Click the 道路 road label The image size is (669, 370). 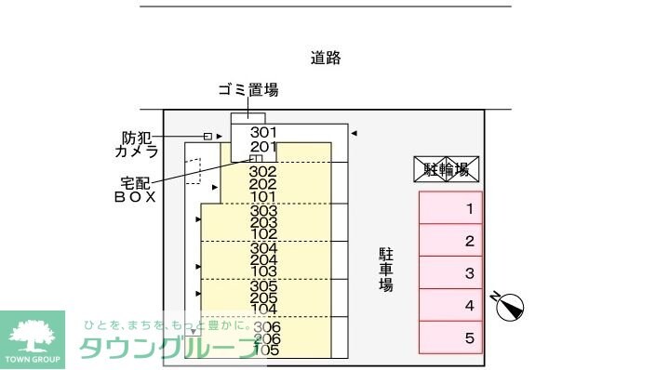[x=326, y=58]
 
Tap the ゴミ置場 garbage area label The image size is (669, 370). [x=248, y=90]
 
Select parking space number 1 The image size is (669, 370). [x=450, y=208]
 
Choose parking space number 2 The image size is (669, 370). [x=450, y=241]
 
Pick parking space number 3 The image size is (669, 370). [x=450, y=273]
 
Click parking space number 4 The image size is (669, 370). [x=450, y=305]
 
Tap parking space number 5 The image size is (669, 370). [x=450, y=337]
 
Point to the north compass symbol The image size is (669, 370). [x=510, y=306]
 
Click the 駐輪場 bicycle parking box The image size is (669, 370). [x=446, y=169]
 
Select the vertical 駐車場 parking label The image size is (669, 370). [x=385, y=270]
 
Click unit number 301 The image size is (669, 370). [x=263, y=132]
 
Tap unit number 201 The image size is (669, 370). [x=263, y=147]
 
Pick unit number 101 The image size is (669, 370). [x=263, y=196]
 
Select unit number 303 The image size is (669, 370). [x=263, y=210]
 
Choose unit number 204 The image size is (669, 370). [x=263, y=260]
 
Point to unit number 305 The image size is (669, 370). [x=263, y=286]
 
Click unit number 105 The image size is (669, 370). [x=267, y=350]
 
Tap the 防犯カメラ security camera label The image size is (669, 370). [x=136, y=143]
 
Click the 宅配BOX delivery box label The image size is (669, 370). [x=135, y=189]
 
